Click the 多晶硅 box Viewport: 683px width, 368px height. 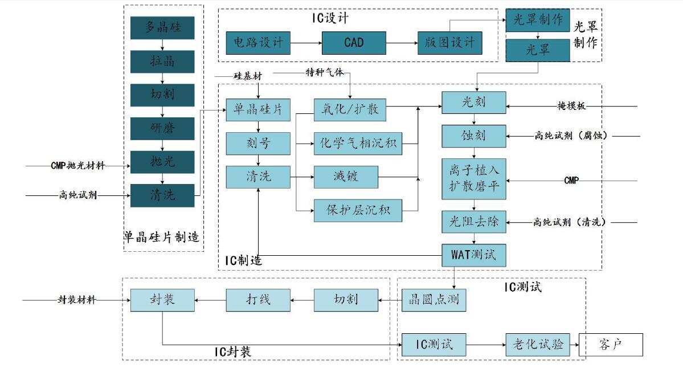coord(162,28)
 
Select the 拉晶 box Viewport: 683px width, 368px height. coord(162,62)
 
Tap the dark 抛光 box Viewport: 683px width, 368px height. coord(162,162)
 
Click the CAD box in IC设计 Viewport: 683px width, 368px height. coord(354,43)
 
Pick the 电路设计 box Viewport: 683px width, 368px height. coord(258,43)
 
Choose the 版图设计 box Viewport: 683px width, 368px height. coord(449,43)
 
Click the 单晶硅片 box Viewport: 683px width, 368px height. coord(258,109)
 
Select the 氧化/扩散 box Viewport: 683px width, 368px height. coord(350,109)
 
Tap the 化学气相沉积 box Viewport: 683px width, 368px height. coord(358,143)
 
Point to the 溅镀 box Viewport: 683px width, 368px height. coord(346,177)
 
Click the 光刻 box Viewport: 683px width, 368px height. coord(473,103)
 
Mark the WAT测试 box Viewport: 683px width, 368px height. coord(473,255)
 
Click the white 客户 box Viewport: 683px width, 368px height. coord(611,345)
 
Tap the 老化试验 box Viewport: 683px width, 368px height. coord(538,345)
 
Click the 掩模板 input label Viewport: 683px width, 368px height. coord(571,106)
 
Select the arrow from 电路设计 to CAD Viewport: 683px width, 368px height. coord(306,43)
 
